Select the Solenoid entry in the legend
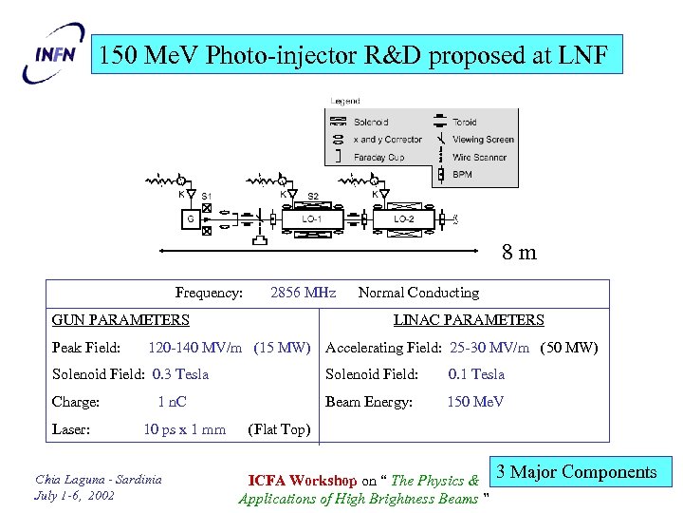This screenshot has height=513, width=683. (370, 123)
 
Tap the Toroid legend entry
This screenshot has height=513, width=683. (465, 123)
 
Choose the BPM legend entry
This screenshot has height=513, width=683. (462, 175)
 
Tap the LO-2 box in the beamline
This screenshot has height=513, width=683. (403, 219)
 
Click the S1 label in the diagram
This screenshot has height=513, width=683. (207, 197)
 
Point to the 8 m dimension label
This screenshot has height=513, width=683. (519, 253)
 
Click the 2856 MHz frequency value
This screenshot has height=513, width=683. (303, 293)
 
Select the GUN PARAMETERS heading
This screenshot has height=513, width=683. (120, 320)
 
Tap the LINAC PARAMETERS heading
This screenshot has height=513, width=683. (469, 320)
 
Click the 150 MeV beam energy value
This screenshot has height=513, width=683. (475, 402)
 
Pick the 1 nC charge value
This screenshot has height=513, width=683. (172, 402)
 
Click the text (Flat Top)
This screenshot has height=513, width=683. (278, 429)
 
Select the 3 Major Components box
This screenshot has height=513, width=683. (582, 472)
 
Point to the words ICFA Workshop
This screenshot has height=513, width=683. (303, 481)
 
